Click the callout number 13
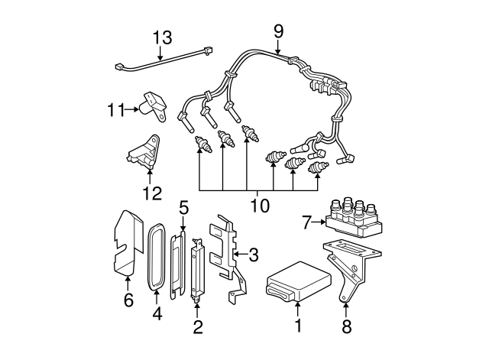pyautogui.click(x=162, y=37)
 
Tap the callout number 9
pyautogui.click(x=278, y=31)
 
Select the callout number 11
pyautogui.click(x=115, y=109)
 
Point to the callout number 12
pyautogui.click(x=152, y=192)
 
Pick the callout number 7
pyautogui.click(x=306, y=222)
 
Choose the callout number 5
pyautogui.click(x=183, y=207)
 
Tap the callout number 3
pyautogui.click(x=254, y=254)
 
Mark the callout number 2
pyautogui.click(x=198, y=328)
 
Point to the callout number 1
pyautogui.click(x=298, y=326)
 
